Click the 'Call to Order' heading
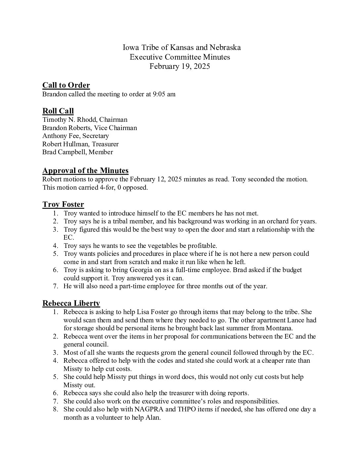66,85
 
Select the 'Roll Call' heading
58,111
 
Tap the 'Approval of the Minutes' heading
85,171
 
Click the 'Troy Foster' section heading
63,205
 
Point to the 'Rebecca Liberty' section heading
71,303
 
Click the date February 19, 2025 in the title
180,66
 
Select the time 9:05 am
164,94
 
